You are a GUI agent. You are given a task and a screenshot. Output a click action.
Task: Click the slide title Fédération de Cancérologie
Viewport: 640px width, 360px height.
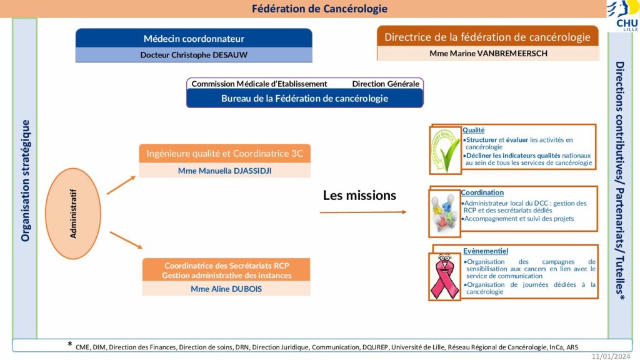click(319, 9)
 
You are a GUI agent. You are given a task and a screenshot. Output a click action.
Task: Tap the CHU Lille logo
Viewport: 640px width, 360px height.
click(624, 16)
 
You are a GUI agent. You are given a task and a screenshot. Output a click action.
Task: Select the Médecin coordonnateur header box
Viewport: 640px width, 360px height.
click(194, 38)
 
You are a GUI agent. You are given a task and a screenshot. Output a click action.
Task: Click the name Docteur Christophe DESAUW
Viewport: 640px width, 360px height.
click(194, 55)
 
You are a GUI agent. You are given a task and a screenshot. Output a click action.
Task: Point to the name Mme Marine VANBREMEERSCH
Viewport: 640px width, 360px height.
click(488, 54)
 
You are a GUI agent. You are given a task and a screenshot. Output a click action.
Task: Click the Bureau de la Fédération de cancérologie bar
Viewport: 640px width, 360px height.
click(305, 98)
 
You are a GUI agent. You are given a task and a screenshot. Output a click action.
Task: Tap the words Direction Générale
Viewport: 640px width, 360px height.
click(386, 84)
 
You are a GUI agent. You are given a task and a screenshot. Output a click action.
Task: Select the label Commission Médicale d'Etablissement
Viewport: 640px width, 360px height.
click(259, 84)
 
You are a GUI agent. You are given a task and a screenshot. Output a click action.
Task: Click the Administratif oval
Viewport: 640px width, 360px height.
click(73, 214)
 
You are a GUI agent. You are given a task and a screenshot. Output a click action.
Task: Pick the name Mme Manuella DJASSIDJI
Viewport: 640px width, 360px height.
click(224, 171)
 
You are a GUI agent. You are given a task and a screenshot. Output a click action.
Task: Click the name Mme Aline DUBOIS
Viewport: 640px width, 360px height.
click(226, 289)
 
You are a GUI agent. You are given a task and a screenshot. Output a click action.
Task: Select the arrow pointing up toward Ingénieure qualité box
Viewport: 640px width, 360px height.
click(121, 185)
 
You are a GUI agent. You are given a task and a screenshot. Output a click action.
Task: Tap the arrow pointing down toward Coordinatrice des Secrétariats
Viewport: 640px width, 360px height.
click(126, 240)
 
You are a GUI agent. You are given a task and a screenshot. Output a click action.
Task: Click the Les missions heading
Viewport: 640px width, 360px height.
click(359, 195)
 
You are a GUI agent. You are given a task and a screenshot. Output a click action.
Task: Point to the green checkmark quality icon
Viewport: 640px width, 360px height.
click(445, 150)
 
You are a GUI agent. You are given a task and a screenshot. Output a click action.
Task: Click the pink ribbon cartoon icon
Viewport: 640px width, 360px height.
click(444, 276)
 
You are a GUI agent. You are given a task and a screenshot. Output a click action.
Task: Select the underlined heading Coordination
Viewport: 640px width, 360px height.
click(482, 192)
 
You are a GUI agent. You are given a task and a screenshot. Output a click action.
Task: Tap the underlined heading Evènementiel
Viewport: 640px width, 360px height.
click(485, 251)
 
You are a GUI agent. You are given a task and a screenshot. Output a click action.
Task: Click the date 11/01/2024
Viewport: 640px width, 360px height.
click(611, 356)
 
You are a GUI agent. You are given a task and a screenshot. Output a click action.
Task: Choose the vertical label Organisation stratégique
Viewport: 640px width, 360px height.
click(25, 181)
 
